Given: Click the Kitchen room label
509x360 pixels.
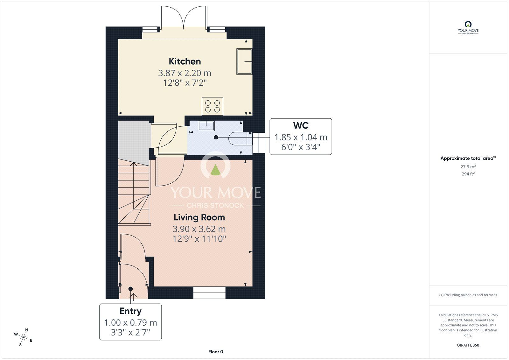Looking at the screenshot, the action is coord(185,61).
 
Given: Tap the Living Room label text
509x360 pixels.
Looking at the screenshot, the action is coord(199,217).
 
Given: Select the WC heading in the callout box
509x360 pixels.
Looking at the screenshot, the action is coord(301,125).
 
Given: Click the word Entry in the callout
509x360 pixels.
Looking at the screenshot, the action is coord(130,311).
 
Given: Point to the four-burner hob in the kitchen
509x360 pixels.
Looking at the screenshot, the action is coord(213,106).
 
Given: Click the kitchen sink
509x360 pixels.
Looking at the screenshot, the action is coord(244,61).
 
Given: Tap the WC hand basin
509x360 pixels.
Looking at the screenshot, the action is coord(206,126).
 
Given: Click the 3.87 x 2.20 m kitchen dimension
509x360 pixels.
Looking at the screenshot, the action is coord(185,73).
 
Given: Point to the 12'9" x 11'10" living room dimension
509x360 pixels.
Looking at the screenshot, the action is coord(199,239).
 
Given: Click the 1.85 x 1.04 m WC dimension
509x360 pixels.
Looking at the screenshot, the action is coord(301,138).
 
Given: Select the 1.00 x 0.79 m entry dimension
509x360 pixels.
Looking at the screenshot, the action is coord(130,322).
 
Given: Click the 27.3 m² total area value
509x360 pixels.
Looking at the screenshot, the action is coord(468,167).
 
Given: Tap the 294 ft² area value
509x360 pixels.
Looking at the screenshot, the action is coord(468,174).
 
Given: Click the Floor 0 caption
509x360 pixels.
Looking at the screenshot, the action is coord(216,352).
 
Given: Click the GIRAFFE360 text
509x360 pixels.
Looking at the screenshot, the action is coord(468,345).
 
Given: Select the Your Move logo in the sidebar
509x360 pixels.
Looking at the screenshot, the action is coord(468,27).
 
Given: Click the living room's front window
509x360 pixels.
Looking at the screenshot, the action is coord(209,293).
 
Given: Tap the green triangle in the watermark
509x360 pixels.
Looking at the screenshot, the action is coord(215,170).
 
